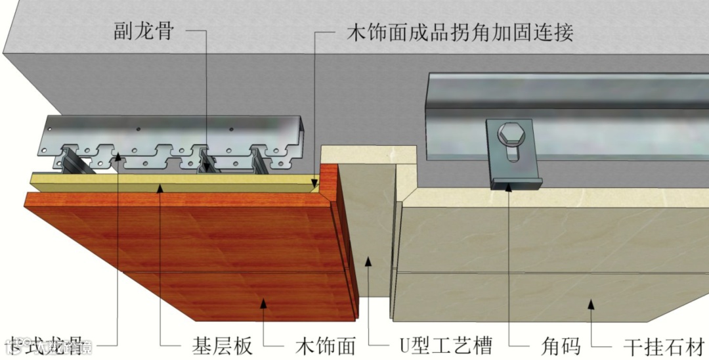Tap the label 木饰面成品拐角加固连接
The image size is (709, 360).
(x=459, y=32)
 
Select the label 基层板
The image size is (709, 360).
(x=222, y=345)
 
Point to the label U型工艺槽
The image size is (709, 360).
(x=446, y=345)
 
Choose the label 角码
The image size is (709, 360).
(x=559, y=345)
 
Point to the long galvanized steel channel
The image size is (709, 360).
(x=565, y=99)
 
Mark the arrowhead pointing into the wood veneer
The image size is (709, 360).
(x=264, y=302)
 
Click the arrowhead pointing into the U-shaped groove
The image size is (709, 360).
(x=369, y=261)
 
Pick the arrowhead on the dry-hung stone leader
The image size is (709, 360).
(x=591, y=303)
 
